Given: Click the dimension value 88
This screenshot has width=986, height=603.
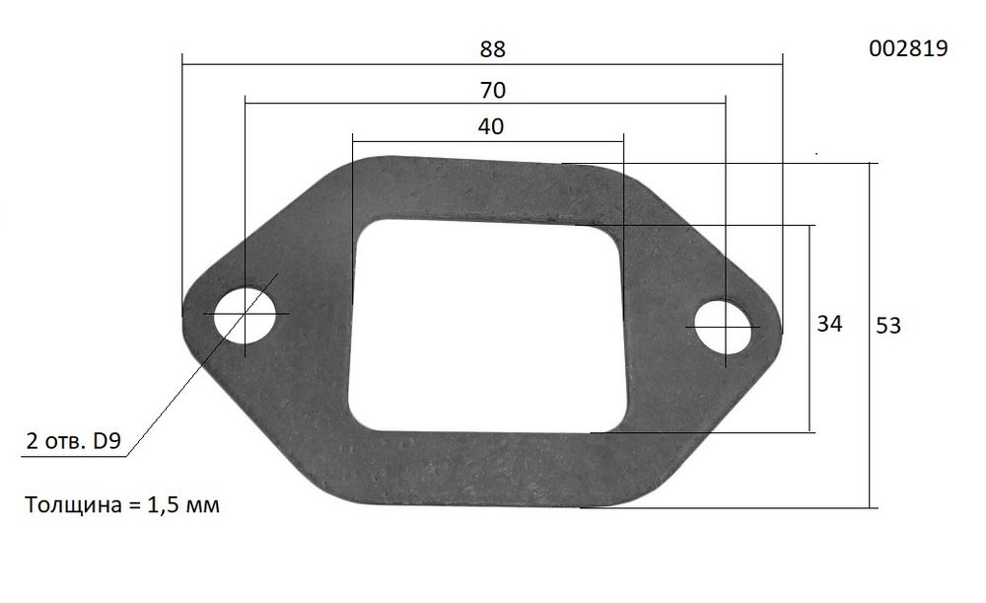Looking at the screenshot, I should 493,48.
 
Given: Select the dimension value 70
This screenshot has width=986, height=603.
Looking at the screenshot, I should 493,91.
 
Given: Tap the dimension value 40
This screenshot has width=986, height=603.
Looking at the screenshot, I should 490,126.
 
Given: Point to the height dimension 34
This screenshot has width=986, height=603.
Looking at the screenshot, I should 830,324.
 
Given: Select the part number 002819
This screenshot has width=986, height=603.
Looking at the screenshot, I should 908,48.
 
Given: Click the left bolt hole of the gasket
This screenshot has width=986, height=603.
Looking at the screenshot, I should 245,315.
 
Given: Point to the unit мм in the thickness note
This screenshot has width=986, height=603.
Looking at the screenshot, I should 203,506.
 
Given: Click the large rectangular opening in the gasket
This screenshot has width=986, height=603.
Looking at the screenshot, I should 486,324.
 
